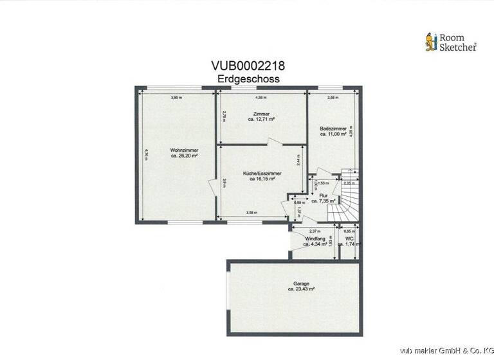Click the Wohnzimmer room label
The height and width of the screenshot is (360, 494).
[183, 150]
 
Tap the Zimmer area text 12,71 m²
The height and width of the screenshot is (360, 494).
[262, 120]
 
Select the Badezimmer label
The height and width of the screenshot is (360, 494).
[333, 129]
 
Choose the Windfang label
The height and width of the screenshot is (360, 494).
[315, 239]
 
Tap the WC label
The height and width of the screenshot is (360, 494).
[350, 239]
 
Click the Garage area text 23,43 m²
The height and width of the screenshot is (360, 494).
[301, 289]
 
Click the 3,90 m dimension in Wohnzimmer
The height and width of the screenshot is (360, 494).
[176, 98]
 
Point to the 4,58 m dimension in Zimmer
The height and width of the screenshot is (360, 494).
[261, 98]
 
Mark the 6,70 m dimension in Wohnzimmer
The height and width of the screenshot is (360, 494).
[147, 155]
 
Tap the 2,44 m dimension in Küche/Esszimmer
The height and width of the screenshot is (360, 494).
[297, 160]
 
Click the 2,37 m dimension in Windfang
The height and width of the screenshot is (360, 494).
[313, 231]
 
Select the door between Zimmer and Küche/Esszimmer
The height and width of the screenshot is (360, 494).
[274, 142]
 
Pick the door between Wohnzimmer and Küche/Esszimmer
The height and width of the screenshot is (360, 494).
[212, 187]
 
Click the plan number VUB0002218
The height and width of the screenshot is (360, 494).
[248, 66]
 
